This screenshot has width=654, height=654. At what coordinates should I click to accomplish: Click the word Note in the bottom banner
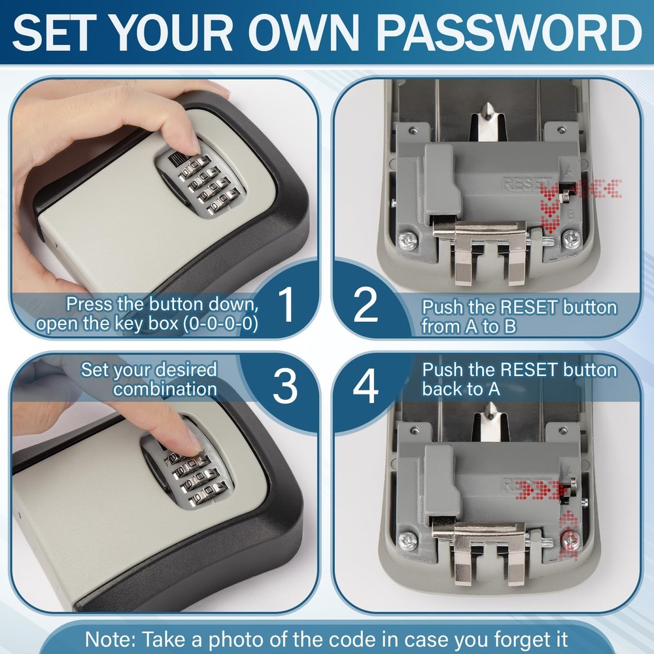(109, 638)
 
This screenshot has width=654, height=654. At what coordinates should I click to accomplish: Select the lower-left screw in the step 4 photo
(409, 540)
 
